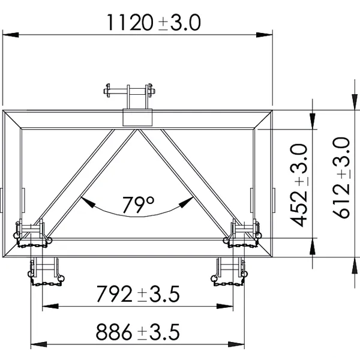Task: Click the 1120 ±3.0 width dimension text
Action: [x=154, y=23]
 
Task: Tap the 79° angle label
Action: [x=138, y=205]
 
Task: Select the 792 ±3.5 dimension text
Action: [x=138, y=293]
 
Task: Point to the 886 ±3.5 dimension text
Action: [x=138, y=332]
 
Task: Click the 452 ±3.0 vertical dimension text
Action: [x=298, y=185]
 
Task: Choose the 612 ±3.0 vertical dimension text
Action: [x=341, y=178]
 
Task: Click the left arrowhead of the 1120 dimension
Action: [x=11, y=35]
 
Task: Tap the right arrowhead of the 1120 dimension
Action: [x=264, y=35]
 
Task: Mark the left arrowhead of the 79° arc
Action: [x=88, y=202]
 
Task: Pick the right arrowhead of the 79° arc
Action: [x=186, y=202]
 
